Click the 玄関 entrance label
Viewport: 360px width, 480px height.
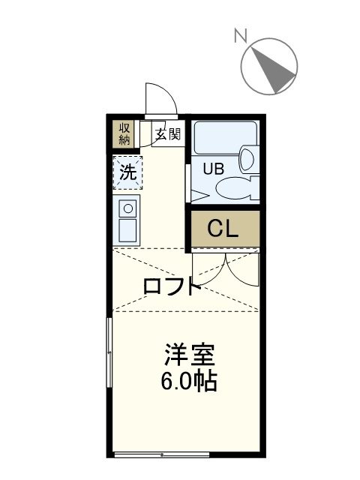pyautogui.click(x=168, y=135)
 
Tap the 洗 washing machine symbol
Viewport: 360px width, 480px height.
pyautogui.click(x=128, y=172)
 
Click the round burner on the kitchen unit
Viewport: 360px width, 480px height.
pyautogui.click(x=127, y=208)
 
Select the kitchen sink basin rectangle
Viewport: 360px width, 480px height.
pyautogui.click(x=127, y=229)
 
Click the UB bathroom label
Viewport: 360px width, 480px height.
pyautogui.click(x=214, y=168)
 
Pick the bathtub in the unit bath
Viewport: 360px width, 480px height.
pyautogui.click(x=225, y=137)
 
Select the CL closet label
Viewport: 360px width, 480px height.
pyautogui.click(x=223, y=229)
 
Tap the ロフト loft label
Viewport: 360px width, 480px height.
pyautogui.click(x=171, y=286)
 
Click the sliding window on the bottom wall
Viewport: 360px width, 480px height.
pyautogui.click(x=161, y=454)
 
